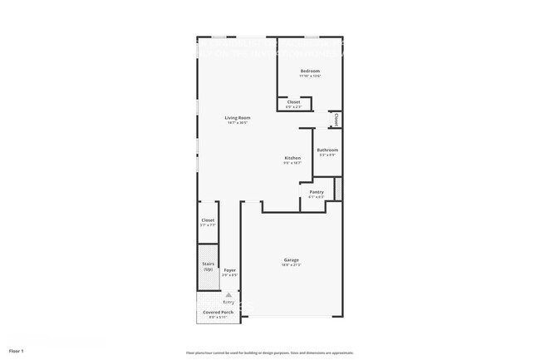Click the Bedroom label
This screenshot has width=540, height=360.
[310, 72]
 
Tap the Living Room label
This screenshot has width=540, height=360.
[238, 117]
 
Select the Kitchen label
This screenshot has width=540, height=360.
[292, 158]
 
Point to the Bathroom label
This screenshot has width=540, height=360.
[327, 150]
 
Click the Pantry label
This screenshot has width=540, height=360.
[317, 192]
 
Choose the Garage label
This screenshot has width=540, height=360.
[291, 260]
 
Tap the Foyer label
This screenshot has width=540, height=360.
[230, 269]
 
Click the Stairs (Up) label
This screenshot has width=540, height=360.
[209, 266]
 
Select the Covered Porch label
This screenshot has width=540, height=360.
[218, 313]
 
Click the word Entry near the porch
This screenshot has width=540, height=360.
[228, 303]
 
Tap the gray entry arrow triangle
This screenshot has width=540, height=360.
[228, 293]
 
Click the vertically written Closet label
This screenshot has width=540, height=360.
[336, 120]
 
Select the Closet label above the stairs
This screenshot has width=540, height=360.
[208, 220]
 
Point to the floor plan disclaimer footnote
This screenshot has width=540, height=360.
[269, 352]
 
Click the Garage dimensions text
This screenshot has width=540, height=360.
[291, 265]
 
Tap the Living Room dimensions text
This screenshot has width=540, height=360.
[238, 122]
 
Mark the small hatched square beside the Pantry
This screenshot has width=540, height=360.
[338, 189]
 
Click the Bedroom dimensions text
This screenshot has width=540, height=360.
[310, 76]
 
